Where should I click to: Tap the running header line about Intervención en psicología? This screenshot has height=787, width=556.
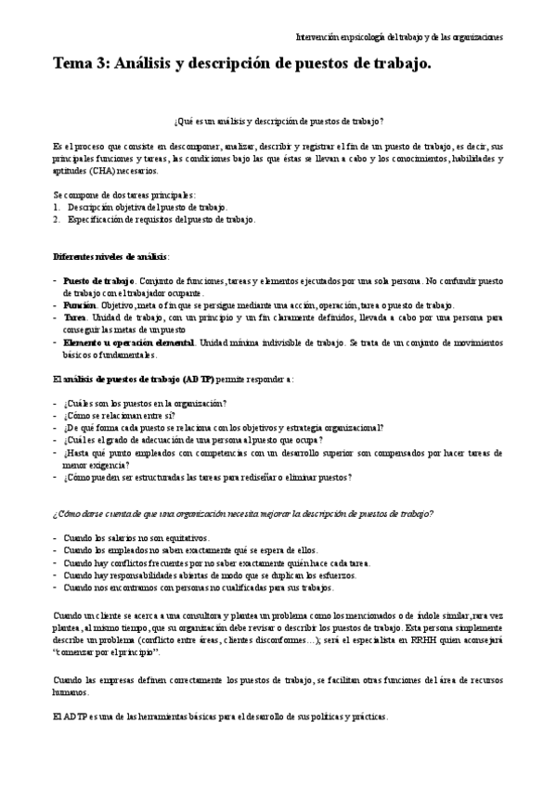tap(399, 37)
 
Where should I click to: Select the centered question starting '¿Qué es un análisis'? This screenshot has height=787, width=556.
tap(278, 122)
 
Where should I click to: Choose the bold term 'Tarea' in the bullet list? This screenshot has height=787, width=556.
tap(76, 316)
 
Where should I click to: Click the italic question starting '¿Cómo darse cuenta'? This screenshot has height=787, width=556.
tap(242, 513)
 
